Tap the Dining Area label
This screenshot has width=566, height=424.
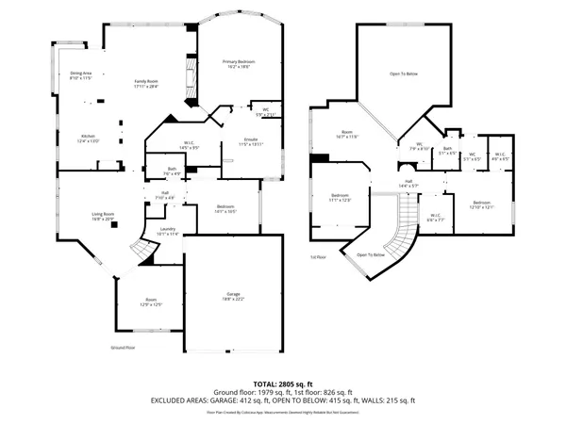point(80,75)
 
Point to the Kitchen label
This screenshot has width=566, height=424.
point(88,138)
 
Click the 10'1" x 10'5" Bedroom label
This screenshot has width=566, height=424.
point(225,208)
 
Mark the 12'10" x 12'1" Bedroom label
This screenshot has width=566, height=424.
point(481,204)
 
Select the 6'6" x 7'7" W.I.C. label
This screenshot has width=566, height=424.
point(435,217)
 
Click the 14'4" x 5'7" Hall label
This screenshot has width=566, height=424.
point(409,183)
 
